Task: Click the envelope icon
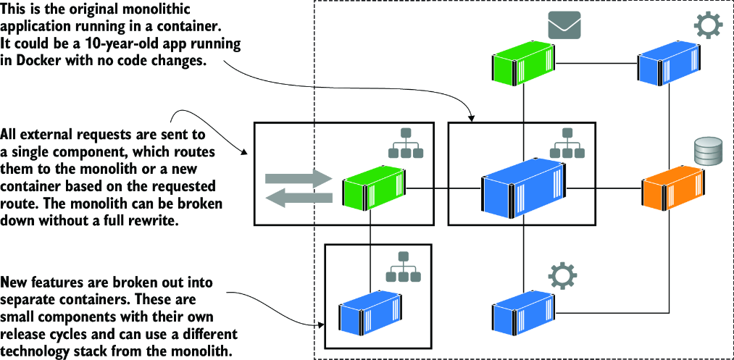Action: tap(564, 25)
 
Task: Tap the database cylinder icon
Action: tap(708, 151)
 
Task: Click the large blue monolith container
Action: tap(522, 188)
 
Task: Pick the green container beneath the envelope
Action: tap(523, 62)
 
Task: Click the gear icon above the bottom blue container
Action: tap(562, 276)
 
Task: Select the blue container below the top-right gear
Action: tap(670, 64)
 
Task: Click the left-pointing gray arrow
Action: tap(299, 197)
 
